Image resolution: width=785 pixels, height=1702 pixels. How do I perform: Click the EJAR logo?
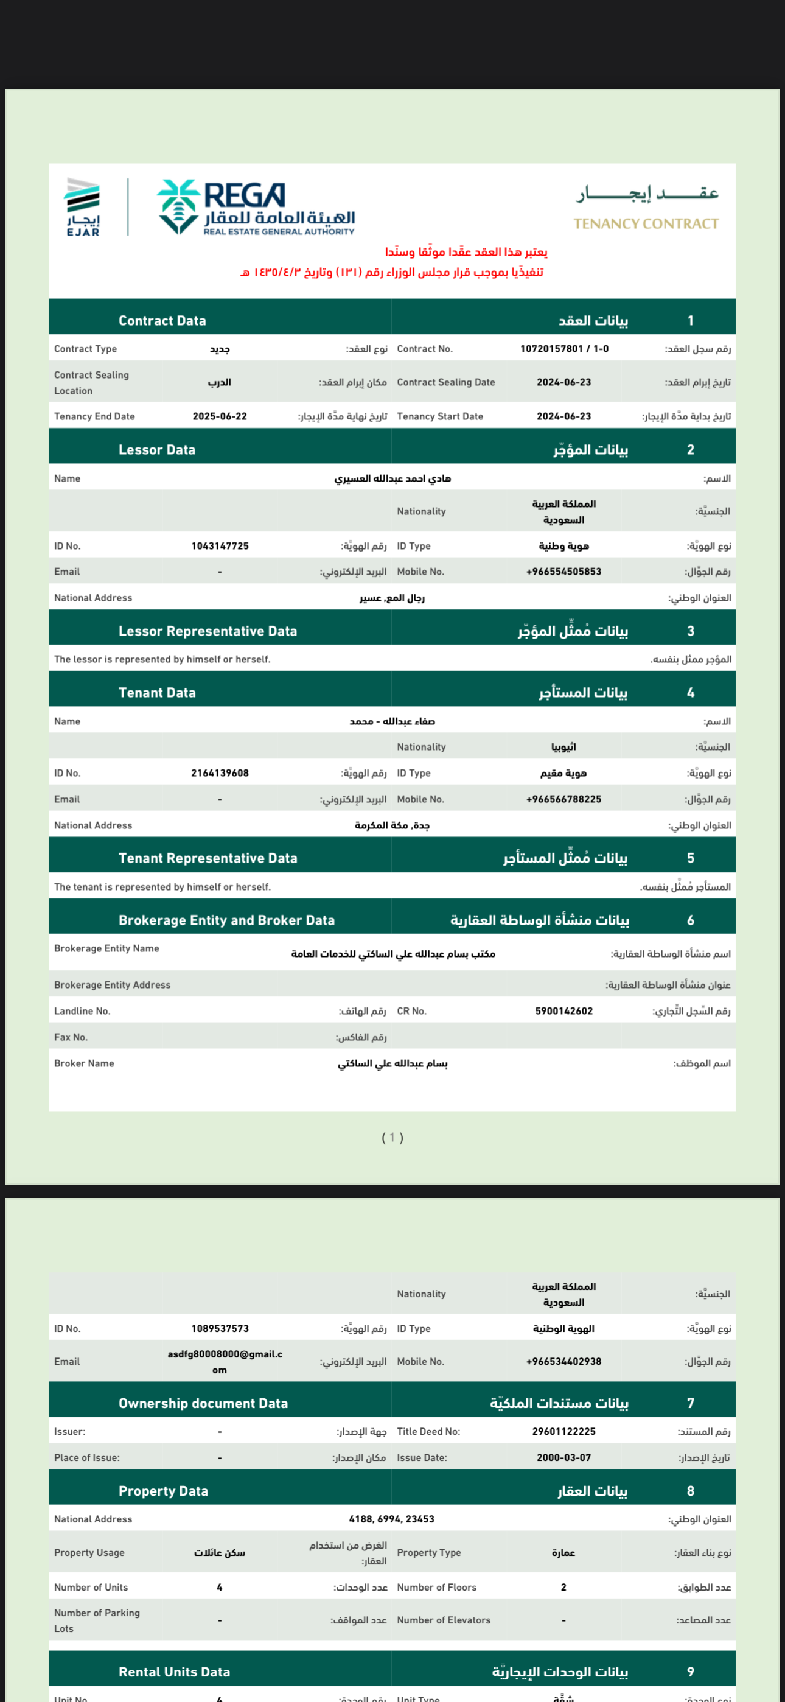pos(83,207)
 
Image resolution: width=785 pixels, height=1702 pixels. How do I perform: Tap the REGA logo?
pos(256,208)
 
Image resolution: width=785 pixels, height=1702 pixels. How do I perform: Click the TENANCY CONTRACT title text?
pos(646,224)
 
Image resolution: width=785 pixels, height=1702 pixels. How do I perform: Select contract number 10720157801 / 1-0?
pos(563,349)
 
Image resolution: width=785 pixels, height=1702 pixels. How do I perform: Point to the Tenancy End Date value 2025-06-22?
pos(220,416)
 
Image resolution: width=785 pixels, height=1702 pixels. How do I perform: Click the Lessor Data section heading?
pos(157,450)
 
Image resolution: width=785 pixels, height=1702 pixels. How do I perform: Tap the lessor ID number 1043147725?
pos(220,546)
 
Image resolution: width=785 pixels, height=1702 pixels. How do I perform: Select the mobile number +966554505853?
pos(563,572)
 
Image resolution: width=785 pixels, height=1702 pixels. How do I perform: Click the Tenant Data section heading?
pos(157,693)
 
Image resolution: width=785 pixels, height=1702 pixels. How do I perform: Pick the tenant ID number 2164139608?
pos(220,773)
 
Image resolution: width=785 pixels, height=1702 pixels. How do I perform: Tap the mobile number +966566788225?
pos(563,799)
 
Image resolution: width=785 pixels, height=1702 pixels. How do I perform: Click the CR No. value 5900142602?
pos(563,1011)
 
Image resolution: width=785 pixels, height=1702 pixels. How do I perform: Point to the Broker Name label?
pos(84,1063)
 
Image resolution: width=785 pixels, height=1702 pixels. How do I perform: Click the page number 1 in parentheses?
pos(392,1137)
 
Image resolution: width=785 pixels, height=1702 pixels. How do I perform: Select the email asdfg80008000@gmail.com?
pos(225,1361)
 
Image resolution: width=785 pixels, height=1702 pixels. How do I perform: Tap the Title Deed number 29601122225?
pos(563,1431)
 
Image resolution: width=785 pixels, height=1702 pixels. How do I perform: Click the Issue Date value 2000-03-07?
pos(563,1457)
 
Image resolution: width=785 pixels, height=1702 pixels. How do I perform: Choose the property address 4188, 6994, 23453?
pos(392,1519)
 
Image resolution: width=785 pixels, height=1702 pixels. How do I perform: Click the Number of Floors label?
pos(437,1587)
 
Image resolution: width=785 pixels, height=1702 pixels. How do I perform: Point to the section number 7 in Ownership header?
pos(691,1403)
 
